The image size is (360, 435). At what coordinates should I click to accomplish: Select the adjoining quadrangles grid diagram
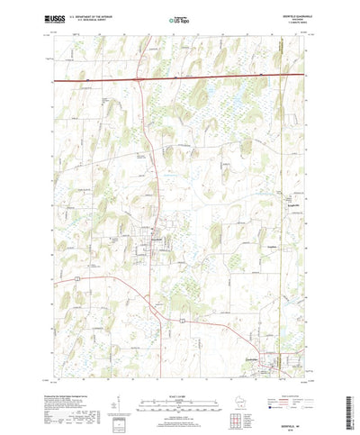[x=238, y=396]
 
